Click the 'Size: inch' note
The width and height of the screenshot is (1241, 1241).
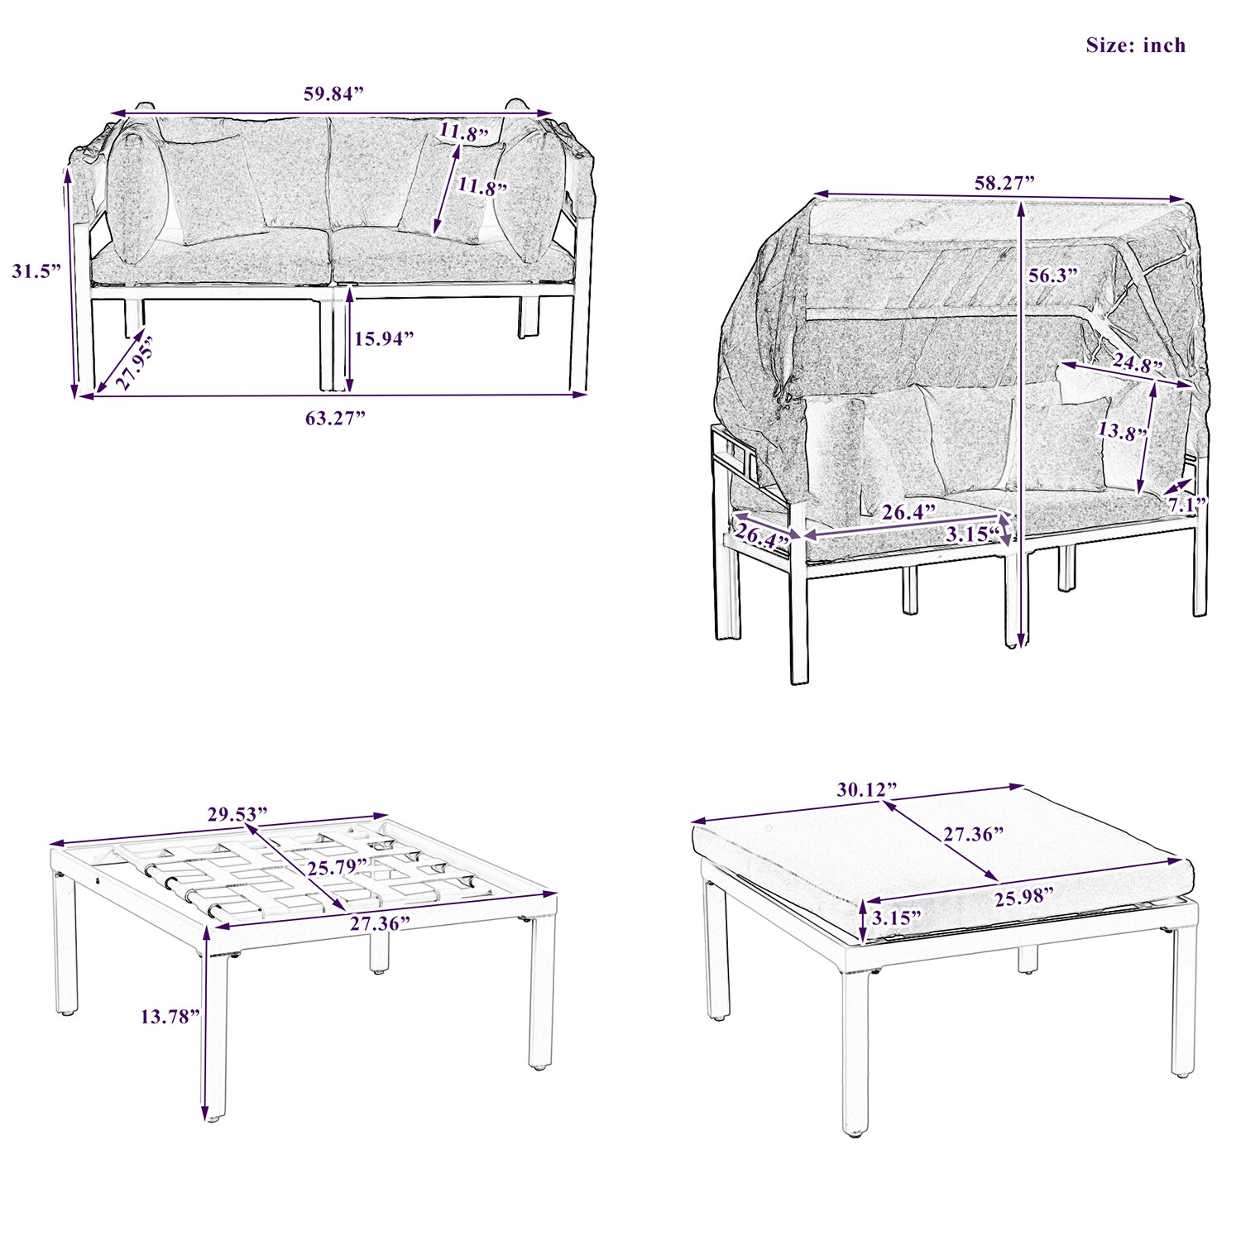(1135, 46)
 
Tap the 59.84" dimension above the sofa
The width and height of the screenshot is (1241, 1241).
(333, 93)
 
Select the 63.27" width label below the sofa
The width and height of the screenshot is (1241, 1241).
(335, 418)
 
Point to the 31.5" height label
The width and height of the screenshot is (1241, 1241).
(36, 271)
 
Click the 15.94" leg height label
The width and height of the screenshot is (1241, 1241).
(384, 338)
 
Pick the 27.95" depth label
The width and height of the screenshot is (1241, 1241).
(134, 362)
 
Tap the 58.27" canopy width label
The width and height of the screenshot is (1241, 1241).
(1004, 183)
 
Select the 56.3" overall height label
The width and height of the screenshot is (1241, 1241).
(1054, 276)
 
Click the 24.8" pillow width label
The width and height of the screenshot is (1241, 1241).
(1137, 362)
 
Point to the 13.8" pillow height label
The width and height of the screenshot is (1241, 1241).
(1122, 432)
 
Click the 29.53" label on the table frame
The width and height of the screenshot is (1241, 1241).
(237, 814)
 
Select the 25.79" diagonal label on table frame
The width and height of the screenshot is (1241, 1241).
(337, 868)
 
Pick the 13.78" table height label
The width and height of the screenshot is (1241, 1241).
(170, 1016)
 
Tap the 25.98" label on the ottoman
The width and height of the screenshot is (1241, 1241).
(1024, 898)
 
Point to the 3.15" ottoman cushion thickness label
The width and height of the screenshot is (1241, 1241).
(896, 918)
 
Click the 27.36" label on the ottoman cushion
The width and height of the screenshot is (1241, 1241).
(974, 834)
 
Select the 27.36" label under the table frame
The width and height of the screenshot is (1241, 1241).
(380, 923)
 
